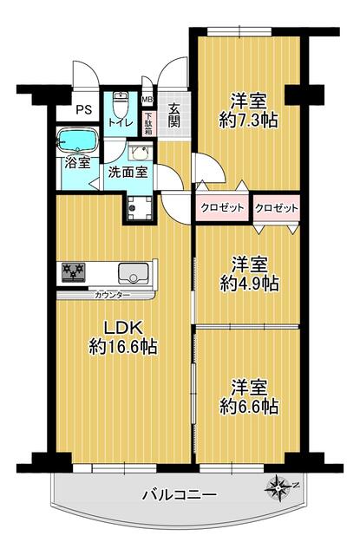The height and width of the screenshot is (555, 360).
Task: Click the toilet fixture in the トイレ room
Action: pyautogui.click(x=121, y=103)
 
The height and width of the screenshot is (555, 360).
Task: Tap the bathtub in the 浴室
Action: pyautogui.click(x=77, y=140)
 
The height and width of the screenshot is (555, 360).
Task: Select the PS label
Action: pyautogui.click(x=84, y=110)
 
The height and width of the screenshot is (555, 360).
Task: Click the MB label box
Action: pyautogui.click(x=147, y=100)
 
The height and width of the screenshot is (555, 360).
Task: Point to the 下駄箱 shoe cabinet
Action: pyautogui.click(x=148, y=123)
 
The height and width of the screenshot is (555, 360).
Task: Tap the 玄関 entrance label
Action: pyautogui.click(x=173, y=115)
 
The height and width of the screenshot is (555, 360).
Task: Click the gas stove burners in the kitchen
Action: pyautogui.click(x=73, y=272)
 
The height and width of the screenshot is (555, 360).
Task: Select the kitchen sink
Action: pyautogui.click(x=133, y=273)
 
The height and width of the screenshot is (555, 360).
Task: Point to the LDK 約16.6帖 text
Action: pyautogui.click(x=123, y=337)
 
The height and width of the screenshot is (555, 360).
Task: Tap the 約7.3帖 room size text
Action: pyautogui.click(x=248, y=121)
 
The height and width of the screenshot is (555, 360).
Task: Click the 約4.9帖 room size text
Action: pyautogui.click(x=249, y=284)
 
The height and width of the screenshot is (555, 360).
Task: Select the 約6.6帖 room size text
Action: pyautogui.click(x=248, y=407)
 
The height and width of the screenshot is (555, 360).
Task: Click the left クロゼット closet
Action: pyautogui.click(x=222, y=208)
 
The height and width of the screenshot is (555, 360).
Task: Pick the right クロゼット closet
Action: pyautogui.click(x=277, y=208)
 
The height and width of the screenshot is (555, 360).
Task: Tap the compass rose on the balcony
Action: pyautogui.click(x=279, y=489)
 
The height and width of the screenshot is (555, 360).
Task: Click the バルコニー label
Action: pyautogui.click(x=180, y=495)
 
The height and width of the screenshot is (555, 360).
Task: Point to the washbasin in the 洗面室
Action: pyautogui.click(x=141, y=152)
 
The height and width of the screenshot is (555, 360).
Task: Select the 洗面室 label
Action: pyautogui.click(x=128, y=173)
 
